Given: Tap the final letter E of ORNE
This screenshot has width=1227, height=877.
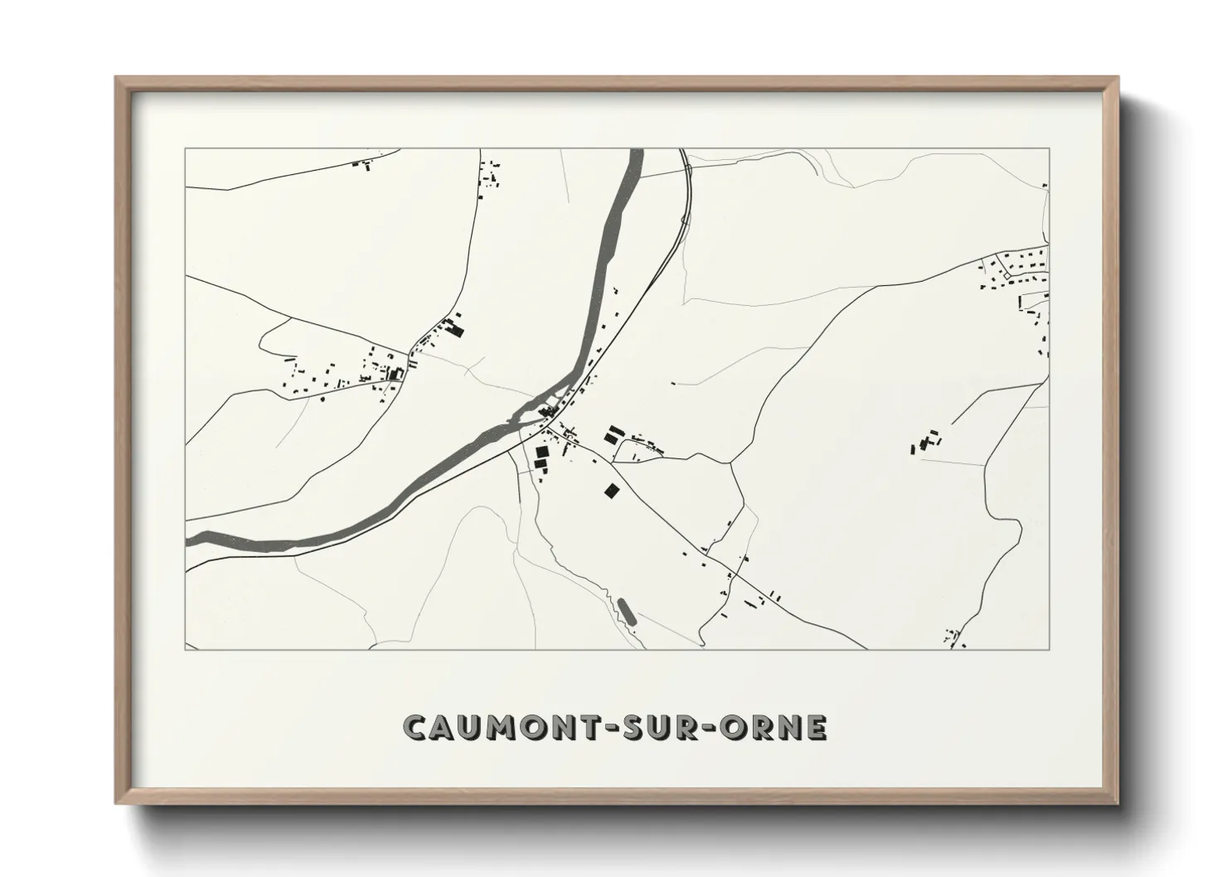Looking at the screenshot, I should coord(817,727).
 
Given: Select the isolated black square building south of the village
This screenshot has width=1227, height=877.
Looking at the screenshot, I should coord(611,492).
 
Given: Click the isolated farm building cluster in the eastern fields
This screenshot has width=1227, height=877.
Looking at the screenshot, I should coord(926,441).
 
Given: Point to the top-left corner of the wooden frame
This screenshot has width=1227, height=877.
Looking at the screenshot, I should coord(118,79).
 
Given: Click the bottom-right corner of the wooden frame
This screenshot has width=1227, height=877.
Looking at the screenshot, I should coord(1116,802).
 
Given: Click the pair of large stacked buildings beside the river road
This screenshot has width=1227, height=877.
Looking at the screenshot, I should coord(541,458).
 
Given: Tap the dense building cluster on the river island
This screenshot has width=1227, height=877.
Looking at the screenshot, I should coord(547,409).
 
